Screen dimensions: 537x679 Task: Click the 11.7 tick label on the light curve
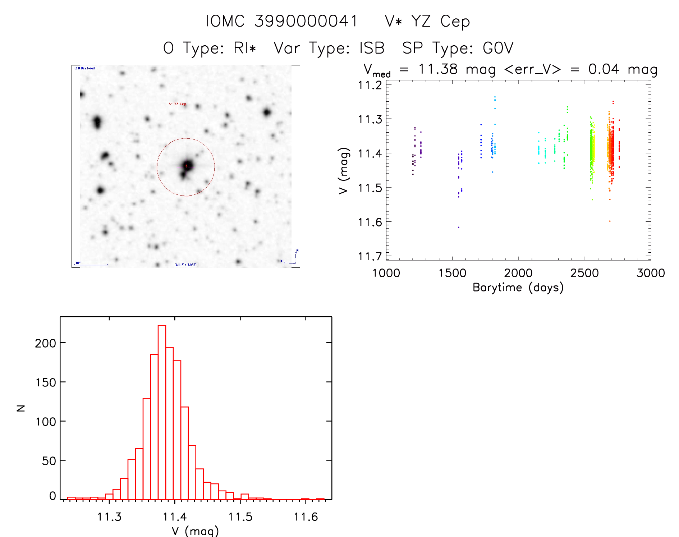[370, 256]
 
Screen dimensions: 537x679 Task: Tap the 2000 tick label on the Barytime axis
[518, 273]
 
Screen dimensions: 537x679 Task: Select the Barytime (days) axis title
[518, 288]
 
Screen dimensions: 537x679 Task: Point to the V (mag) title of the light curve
[344, 170]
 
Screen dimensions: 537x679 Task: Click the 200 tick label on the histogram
[45, 343]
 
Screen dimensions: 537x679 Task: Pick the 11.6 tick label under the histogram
[306, 517]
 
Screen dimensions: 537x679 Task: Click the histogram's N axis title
[21, 408]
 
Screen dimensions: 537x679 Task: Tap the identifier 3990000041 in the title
[306, 21]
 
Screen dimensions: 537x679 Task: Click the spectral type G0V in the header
[498, 48]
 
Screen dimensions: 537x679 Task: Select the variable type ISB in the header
[372, 48]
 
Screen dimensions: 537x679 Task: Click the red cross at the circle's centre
[186, 166]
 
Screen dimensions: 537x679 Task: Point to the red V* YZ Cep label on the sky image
[178, 104]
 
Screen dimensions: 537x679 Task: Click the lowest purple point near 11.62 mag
[458, 227]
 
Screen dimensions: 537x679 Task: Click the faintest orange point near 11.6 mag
[610, 221]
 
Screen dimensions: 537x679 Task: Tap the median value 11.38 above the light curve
[438, 69]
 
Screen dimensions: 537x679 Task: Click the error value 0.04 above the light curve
[604, 69]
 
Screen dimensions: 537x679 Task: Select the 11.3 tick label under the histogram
[109, 517]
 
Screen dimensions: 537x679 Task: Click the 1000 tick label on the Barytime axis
[386, 273]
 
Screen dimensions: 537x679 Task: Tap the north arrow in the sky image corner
[296, 254]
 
